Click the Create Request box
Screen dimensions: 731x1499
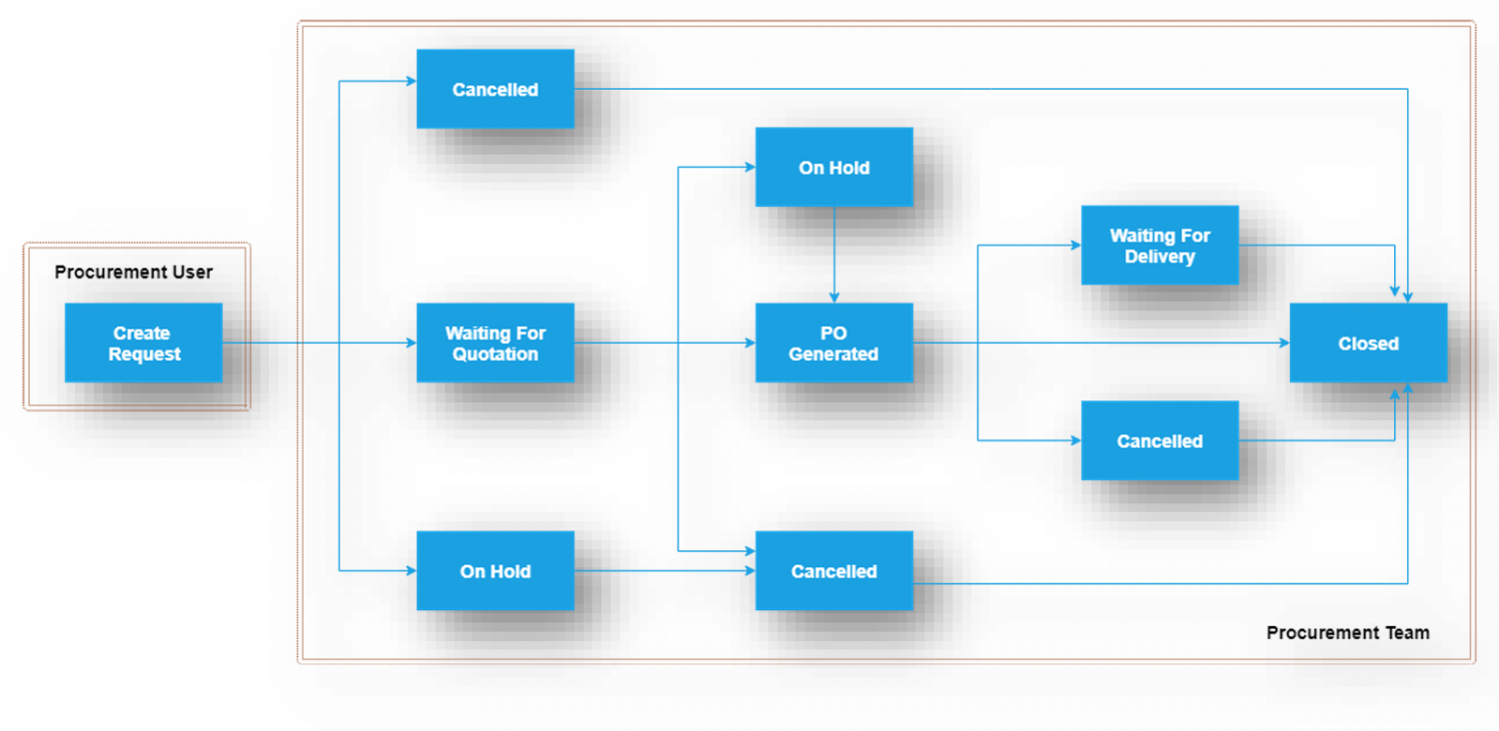coord(143,343)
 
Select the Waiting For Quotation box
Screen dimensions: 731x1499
coord(495,343)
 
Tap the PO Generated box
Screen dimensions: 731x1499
coord(833,343)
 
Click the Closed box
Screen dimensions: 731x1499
coord(1368,343)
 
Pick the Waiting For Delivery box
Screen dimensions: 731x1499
coord(1159,245)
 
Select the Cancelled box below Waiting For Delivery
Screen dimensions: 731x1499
coord(1159,440)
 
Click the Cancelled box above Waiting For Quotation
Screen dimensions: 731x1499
coord(495,89)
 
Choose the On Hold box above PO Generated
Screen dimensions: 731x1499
coord(833,167)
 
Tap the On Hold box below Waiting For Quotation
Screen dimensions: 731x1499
coord(495,570)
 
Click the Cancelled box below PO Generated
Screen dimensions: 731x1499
coord(833,570)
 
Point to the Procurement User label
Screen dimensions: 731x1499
coord(134,272)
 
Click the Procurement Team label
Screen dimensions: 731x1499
coord(1347,632)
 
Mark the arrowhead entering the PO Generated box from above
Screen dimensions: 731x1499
coord(834,298)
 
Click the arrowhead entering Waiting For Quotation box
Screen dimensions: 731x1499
coord(411,343)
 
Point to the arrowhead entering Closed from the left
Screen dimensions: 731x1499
coord(1284,343)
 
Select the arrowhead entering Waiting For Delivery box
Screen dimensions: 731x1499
coord(1076,245)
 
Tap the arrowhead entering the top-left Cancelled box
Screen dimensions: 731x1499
coord(411,81)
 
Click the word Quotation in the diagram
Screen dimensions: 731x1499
coord(495,355)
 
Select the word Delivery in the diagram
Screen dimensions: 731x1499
coord(1159,257)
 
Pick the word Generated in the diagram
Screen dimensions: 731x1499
coord(833,355)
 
